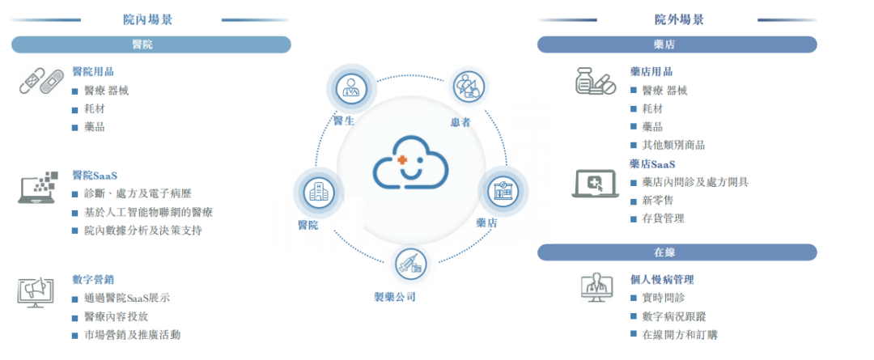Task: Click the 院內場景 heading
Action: [x=148, y=20]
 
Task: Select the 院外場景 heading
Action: [x=679, y=20]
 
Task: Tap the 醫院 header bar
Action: [x=151, y=44]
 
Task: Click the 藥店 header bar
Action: [x=677, y=44]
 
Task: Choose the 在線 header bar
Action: [x=677, y=252]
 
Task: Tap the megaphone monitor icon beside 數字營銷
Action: [x=36, y=293]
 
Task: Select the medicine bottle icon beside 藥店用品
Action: [x=596, y=81]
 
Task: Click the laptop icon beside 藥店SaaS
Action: [x=596, y=183]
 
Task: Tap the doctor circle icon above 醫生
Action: [x=350, y=89]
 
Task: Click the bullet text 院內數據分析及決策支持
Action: [x=142, y=231]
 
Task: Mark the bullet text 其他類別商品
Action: [x=673, y=145]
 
